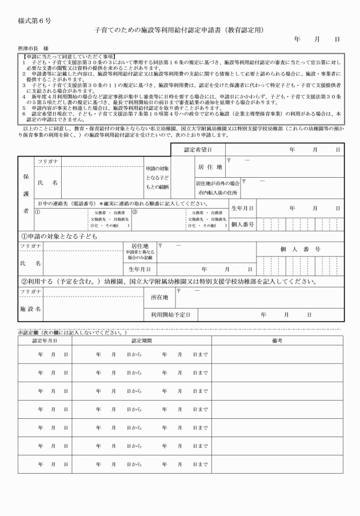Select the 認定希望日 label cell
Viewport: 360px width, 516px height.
[x=197, y=149]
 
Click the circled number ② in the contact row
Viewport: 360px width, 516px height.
[x=135, y=211]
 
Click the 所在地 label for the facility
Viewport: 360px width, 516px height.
[x=159, y=298]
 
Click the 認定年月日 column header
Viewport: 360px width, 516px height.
[x=45, y=340]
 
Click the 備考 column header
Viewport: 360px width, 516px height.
[x=277, y=340]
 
